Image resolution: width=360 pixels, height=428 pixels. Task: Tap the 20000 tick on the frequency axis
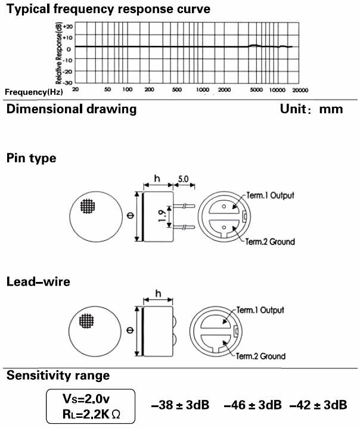(299, 89)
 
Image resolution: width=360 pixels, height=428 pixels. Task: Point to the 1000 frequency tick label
(203, 89)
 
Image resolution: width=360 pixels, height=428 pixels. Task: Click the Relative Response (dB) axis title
(58, 54)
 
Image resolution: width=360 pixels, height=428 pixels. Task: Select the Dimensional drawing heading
(72, 109)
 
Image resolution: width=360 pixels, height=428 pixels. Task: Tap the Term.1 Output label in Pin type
(270, 196)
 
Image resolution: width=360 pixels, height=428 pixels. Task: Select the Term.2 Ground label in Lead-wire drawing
(262, 356)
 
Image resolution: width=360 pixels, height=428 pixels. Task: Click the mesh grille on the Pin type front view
(88, 207)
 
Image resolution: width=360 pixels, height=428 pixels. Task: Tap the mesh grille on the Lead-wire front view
(88, 321)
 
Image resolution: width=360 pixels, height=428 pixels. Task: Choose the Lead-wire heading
(38, 281)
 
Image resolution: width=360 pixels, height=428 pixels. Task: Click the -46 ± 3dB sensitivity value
(253, 405)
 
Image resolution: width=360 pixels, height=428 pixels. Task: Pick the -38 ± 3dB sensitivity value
(181, 405)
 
